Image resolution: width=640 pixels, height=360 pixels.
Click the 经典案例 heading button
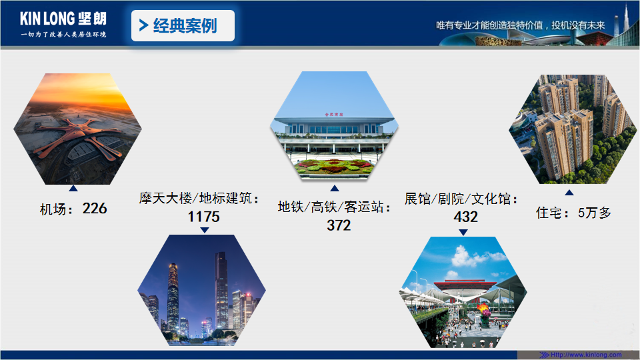(x=183, y=26)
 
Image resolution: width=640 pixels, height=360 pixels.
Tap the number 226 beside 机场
(x=95, y=209)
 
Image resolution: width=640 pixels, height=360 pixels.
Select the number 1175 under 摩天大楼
(x=204, y=217)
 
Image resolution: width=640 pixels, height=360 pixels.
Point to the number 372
(x=339, y=225)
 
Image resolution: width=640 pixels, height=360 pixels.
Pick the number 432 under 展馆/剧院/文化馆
(x=466, y=217)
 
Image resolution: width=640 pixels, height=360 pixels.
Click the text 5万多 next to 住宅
(x=594, y=213)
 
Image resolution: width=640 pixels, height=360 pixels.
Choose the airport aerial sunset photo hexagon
(x=77, y=129)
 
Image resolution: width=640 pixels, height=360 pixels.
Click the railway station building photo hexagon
(x=334, y=126)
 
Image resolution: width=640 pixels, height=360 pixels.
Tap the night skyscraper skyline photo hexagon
(x=201, y=290)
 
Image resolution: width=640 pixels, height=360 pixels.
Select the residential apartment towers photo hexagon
(x=573, y=129)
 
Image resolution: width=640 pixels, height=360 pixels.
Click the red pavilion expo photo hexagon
(x=463, y=292)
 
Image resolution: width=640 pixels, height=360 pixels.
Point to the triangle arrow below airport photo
(x=73, y=188)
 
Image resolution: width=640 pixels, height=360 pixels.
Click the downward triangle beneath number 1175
(x=205, y=230)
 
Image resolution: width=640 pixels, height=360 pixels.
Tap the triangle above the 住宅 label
(x=569, y=193)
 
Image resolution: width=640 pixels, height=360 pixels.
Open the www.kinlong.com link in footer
(x=586, y=355)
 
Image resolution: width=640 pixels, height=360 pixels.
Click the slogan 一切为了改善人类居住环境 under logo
(x=63, y=34)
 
